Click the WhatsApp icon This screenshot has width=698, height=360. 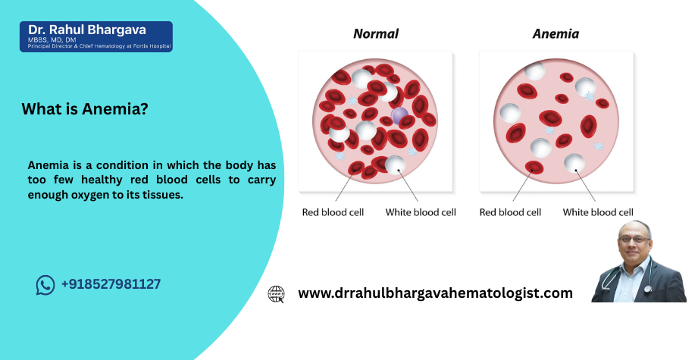pos(45,285)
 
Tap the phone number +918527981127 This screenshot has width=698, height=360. pos(111,284)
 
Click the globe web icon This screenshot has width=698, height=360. pos(276,294)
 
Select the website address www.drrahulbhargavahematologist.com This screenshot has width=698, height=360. pos(435,293)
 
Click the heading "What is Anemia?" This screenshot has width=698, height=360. pos(85,109)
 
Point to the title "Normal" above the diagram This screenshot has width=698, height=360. pos(376,34)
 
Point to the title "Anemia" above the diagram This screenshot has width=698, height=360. pos(556,34)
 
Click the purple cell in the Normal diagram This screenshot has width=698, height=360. pos(399,116)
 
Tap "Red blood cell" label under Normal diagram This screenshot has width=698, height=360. pos(333,212)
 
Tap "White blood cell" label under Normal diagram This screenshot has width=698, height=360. pos(421,212)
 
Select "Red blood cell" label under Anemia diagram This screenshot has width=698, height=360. pos(510,212)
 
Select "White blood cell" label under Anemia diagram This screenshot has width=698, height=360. pos(598,212)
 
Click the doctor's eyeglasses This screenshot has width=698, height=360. pos(634,239)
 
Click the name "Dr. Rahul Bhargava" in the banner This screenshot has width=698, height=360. pos(87,30)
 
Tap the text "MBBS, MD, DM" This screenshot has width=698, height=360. pos(52,40)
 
